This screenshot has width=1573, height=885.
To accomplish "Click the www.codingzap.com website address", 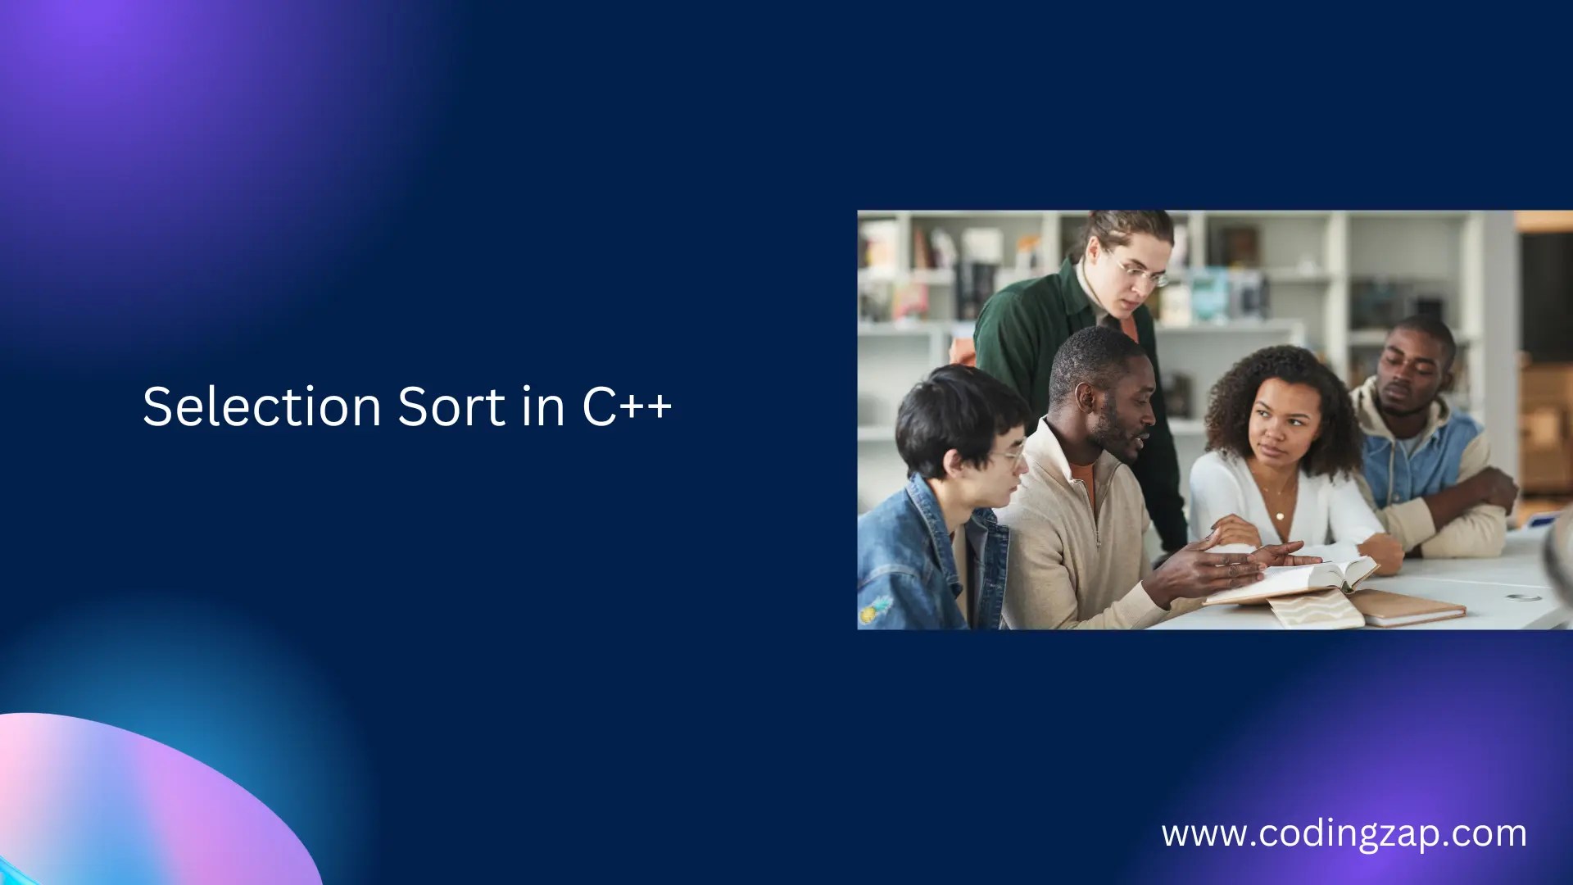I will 1344,833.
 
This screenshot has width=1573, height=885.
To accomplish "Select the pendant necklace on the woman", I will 1280,515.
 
